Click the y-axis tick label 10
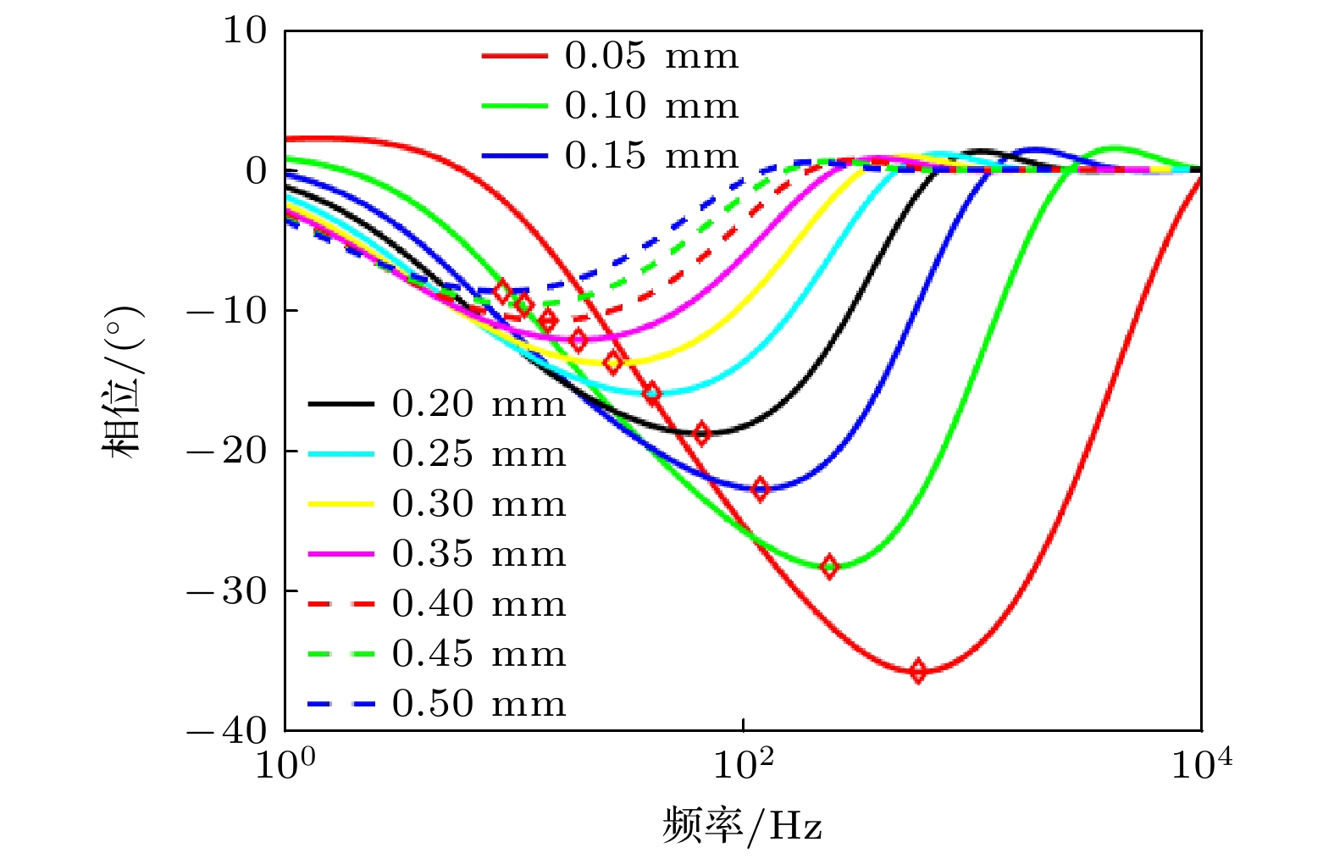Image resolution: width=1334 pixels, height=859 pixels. click(x=245, y=30)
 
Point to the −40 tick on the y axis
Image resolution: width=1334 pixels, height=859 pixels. click(x=227, y=730)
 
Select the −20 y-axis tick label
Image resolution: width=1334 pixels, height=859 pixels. click(x=227, y=450)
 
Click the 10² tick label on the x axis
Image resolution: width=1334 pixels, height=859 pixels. click(x=743, y=764)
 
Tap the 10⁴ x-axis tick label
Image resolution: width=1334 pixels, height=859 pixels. click(x=1201, y=764)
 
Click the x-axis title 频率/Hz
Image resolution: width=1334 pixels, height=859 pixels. click(x=742, y=824)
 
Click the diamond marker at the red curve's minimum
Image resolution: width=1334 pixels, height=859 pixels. click(x=917, y=672)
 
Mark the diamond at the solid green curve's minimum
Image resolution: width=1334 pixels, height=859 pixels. click(x=829, y=566)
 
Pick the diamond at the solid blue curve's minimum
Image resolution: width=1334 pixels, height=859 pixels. click(x=760, y=489)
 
